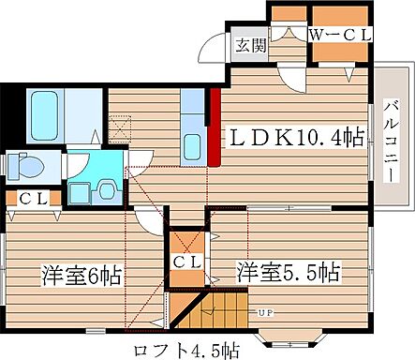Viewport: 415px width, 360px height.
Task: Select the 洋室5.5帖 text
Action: click(288, 273)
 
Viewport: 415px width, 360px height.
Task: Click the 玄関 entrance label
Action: click(248, 44)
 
